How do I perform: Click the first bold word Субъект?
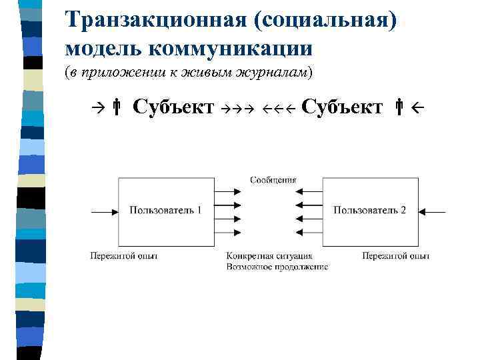pos(173,107)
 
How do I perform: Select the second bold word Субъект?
pos(342,107)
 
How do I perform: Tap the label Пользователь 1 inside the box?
pos(165,210)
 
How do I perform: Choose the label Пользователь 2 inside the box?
pos(369,210)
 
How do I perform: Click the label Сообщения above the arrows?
pos(273,180)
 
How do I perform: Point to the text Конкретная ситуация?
pos(269,256)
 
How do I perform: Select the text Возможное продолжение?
pos(277,267)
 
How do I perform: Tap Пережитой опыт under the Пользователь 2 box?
pos(396,256)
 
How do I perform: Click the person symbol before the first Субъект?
pos(116,107)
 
